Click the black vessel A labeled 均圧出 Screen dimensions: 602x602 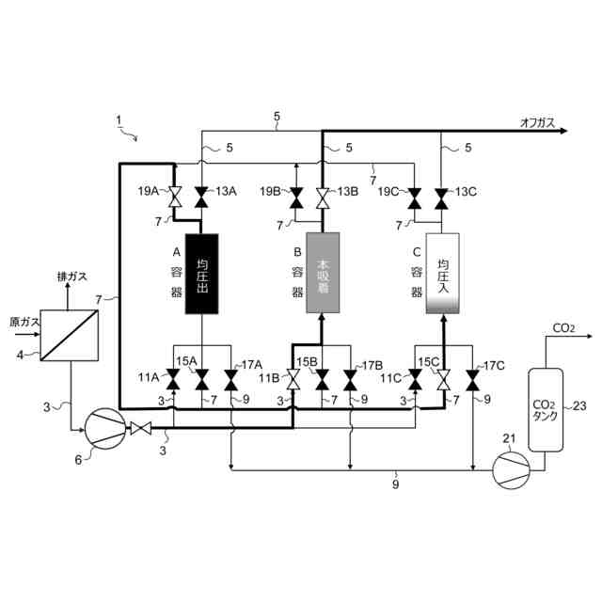click(x=201, y=275)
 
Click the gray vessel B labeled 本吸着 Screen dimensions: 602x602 click(x=323, y=274)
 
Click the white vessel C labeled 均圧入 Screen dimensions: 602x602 click(x=442, y=274)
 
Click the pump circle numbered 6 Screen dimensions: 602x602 click(x=103, y=429)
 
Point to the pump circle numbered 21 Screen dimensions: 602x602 click(x=511, y=465)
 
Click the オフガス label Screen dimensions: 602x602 click(x=537, y=121)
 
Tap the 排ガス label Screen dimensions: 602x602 click(x=72, y=277)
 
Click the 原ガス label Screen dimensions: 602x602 click(x=24, y=322)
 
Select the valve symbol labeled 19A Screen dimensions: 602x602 click(x=174, y=198)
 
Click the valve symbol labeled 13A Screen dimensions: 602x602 click(x=201, y=198)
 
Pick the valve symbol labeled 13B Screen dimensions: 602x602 click(x=323, y=198)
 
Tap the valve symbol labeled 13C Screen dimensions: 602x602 click(x=442, y=198)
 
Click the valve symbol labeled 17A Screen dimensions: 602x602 click(x=230, y=380)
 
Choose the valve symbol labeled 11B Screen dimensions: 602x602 click(x=293, y=380)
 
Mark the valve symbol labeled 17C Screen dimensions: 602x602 click(x=471, y=380)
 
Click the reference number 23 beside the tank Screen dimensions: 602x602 click(x=580, y=406)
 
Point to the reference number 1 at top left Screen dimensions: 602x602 click(x=119, y=119)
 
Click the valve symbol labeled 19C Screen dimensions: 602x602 click(x=414, y=198)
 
